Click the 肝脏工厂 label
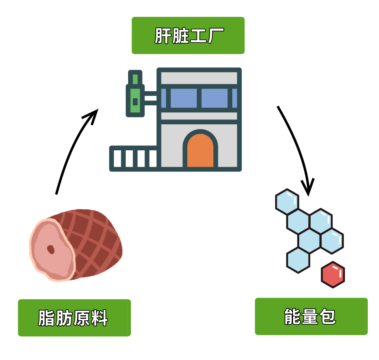pos(188,35)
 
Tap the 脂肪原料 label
pos(74,318)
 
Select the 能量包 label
pos(311,316)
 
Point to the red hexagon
pos(333,275)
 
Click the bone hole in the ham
pos(51,249)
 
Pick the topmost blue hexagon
pos(287,201)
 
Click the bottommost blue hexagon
pos(298,260)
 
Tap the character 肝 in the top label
pos(163,36)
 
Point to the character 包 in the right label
pos(328,317)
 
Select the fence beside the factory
pos(133,159)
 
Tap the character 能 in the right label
pos(293,317)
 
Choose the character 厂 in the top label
pos(214,36)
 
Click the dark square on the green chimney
pos(135,102)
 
